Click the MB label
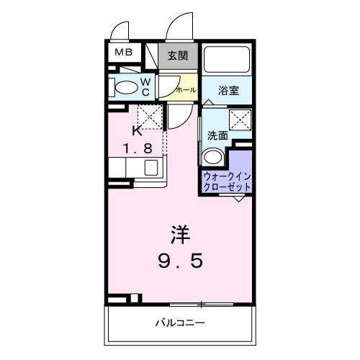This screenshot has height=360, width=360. (120, 53)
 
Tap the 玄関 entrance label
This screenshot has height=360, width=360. (178, 55)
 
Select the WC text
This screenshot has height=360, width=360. (145, 87)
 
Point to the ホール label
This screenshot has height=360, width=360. (185, 91)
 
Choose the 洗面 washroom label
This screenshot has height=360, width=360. (218, 135)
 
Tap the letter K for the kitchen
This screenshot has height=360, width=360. (137, 131)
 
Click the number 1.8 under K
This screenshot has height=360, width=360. (137, 150)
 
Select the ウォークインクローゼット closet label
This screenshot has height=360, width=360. (228, 181)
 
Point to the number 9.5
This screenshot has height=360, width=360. (181, 260)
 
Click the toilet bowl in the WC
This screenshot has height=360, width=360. (127, 88)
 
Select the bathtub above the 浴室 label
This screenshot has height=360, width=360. (227, 60)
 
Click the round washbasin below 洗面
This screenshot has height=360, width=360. (213, 158)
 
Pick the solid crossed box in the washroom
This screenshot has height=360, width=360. (239, 120)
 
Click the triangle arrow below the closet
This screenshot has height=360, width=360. (238, 198)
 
